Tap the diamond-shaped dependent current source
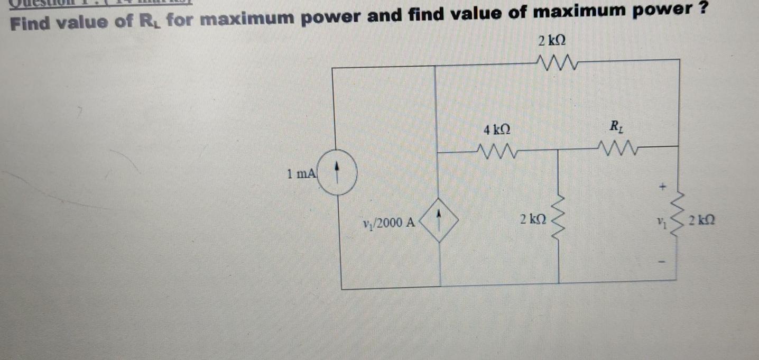pyautogui.click(x=438, y=219)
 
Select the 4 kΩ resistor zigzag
pyautogui.click(x=496, y=152)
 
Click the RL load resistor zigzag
pyautogui.click(x=618, y=147)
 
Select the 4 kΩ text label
pyautogui.click(x=497, y=129)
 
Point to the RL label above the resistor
pyautogui.click(x=616, y=127)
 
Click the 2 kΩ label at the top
pyautogui.click(x=552, y=41)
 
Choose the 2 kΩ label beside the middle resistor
pyautogui.click(x=533, y=219)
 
